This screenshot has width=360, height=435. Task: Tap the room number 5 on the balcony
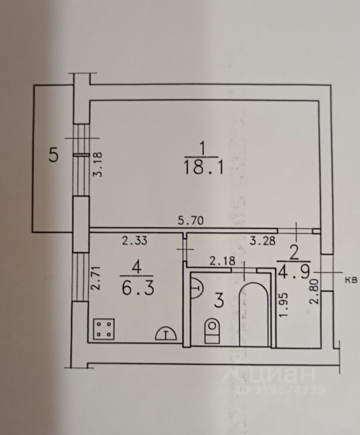[55, 155]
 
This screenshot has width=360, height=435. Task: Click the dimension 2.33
[134, 241]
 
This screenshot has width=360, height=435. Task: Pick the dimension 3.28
[262, 241]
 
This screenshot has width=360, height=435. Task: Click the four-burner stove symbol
[104, 328]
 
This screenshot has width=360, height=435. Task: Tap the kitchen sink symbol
[166, 333]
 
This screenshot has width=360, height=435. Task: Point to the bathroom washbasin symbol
[196, 287]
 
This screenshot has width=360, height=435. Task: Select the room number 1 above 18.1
[203, 150]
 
